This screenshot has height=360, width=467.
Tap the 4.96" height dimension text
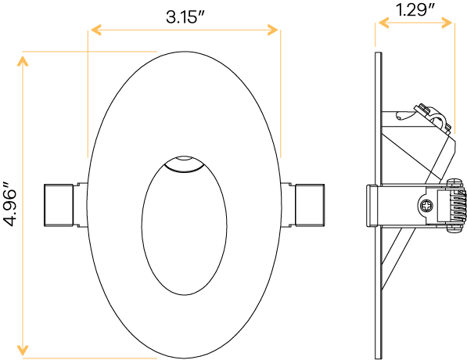(x=10, y=205)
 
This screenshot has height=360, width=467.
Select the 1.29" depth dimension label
(x=415, y=11)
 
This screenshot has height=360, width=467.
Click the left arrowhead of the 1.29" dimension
(x=379, y=24)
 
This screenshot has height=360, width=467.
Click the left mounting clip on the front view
(x=60, y=205)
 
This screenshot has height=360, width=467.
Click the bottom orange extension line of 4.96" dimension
(x=86, y=358)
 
